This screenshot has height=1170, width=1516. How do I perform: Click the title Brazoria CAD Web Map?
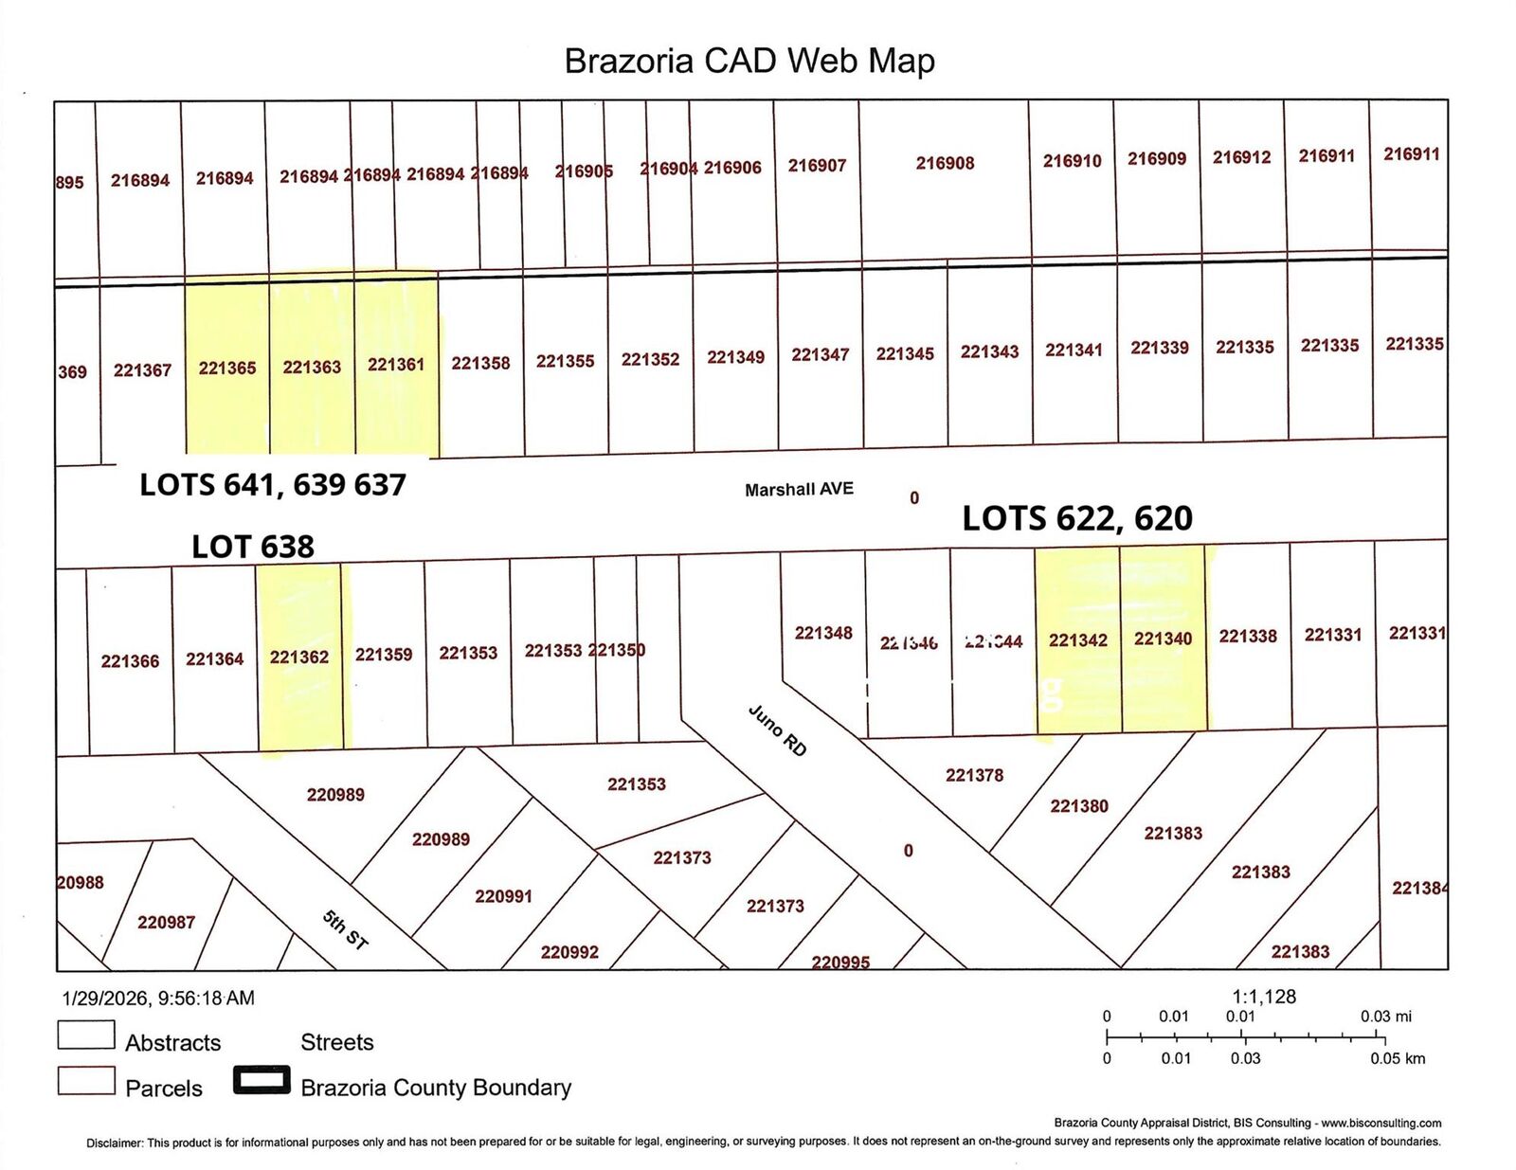pos(749,61)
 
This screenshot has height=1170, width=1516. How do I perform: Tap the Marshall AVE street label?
pos(799,489)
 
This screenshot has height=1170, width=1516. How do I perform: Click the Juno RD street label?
pos(778,730)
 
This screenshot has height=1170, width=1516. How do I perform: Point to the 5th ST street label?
pos(345,929)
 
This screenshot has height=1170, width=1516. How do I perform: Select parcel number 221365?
pos(227,368)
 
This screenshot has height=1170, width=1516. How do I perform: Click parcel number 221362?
pos(299,657)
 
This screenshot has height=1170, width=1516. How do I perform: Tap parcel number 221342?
pos(1078,640)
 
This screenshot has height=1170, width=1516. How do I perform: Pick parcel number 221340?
pos(1163,639)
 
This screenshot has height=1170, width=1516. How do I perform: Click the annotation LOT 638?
pos(253,547)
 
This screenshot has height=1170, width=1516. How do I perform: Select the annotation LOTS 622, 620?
pos(1077,518)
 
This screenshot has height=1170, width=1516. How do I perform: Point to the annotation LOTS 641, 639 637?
pos(273,485)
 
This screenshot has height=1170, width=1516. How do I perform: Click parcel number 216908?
pos(945,163)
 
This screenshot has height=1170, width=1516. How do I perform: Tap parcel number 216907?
pos(817,166)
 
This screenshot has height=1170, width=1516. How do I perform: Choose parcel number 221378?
pos(974,775)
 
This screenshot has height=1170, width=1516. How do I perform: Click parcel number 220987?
pos(166,922)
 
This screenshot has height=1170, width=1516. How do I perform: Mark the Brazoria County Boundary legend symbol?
pos(262,1081)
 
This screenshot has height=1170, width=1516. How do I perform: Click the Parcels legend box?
pos(86,1081)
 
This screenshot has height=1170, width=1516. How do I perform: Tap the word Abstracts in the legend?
pos(173,1043)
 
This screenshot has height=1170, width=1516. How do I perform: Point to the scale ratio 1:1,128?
pos(1264,997)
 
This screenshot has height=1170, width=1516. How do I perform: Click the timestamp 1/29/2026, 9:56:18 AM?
pos(158,998)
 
